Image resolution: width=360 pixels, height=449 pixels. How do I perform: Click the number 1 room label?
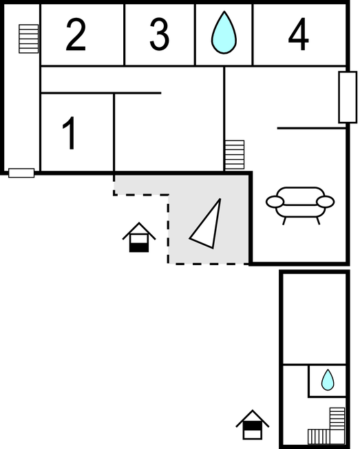click(69, 133)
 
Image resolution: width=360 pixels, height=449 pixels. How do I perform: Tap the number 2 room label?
click(76, 34)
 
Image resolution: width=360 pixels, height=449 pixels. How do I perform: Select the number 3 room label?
click(160, 34)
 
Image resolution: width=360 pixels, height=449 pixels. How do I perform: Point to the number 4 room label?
click(298, 34)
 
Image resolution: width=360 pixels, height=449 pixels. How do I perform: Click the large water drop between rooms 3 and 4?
click(224, 32)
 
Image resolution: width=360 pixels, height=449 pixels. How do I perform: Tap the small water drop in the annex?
click(328, 380)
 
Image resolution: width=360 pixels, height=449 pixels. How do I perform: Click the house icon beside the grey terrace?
click(139, 238)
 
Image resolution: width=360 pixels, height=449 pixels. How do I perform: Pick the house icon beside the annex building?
click(253, 425)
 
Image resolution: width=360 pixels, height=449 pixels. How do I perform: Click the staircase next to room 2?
click(29, 39)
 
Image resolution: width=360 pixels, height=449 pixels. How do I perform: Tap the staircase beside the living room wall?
click(235, 155)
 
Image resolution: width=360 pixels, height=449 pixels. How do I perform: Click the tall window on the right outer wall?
click(348, 97)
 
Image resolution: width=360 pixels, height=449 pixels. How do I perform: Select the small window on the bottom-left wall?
click(21, 173)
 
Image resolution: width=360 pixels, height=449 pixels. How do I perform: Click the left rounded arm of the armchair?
click(275, 202)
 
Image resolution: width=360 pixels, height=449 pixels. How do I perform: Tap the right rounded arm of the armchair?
click(326, 202)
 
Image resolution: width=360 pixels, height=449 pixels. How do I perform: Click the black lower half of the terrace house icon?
click(139, 247)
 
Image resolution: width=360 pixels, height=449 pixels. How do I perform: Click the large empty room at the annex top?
click(315, 319)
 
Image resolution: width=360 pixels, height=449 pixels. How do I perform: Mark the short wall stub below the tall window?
click(312, 128)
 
